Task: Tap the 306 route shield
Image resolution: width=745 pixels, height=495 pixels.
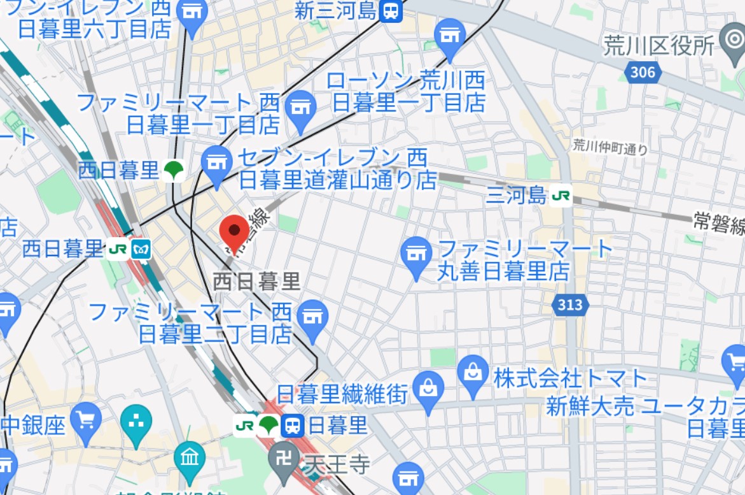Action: (x=643, y=72)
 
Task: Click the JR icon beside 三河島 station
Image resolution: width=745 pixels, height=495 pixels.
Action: (x=561, y=196)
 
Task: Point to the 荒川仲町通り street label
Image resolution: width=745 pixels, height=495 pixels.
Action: (x=609, y=147)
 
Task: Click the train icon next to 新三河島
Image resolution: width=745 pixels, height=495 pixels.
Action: (x=391, y=10)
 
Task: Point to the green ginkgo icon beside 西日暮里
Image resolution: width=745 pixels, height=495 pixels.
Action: (x=172, y=170)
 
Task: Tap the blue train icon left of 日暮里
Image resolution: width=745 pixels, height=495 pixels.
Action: (x=293, y=426)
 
